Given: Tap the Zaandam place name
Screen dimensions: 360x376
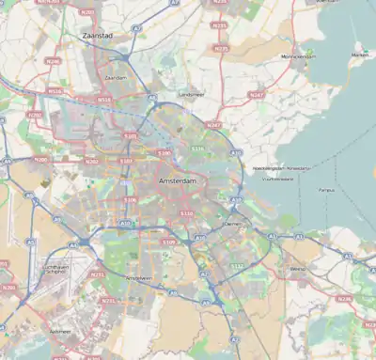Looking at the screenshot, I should pyautogui.click(x=117, y=78).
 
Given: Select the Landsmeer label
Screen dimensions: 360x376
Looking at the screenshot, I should pyautogui.click(x=192, y=94).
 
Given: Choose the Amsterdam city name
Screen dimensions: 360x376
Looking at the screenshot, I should pyautogui.click(x=180, y=180).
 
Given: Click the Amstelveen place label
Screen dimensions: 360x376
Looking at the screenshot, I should pyautogui.click(x=138, y=278).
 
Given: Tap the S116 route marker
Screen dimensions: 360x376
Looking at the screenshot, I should pyautogui.click(x=197, y=149).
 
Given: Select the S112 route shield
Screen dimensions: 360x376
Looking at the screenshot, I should pyautogui.click(x=237, y=266).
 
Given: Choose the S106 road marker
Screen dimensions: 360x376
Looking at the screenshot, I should pyautogui.click(x=130, y=199).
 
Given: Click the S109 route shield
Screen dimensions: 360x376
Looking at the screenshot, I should pyautogui.click(x=168, y=243).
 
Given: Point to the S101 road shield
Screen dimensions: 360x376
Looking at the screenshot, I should pyautogui.click(x=131, y=136).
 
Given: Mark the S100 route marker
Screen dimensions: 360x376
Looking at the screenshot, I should pyautogui.click(x=164, y=152).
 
